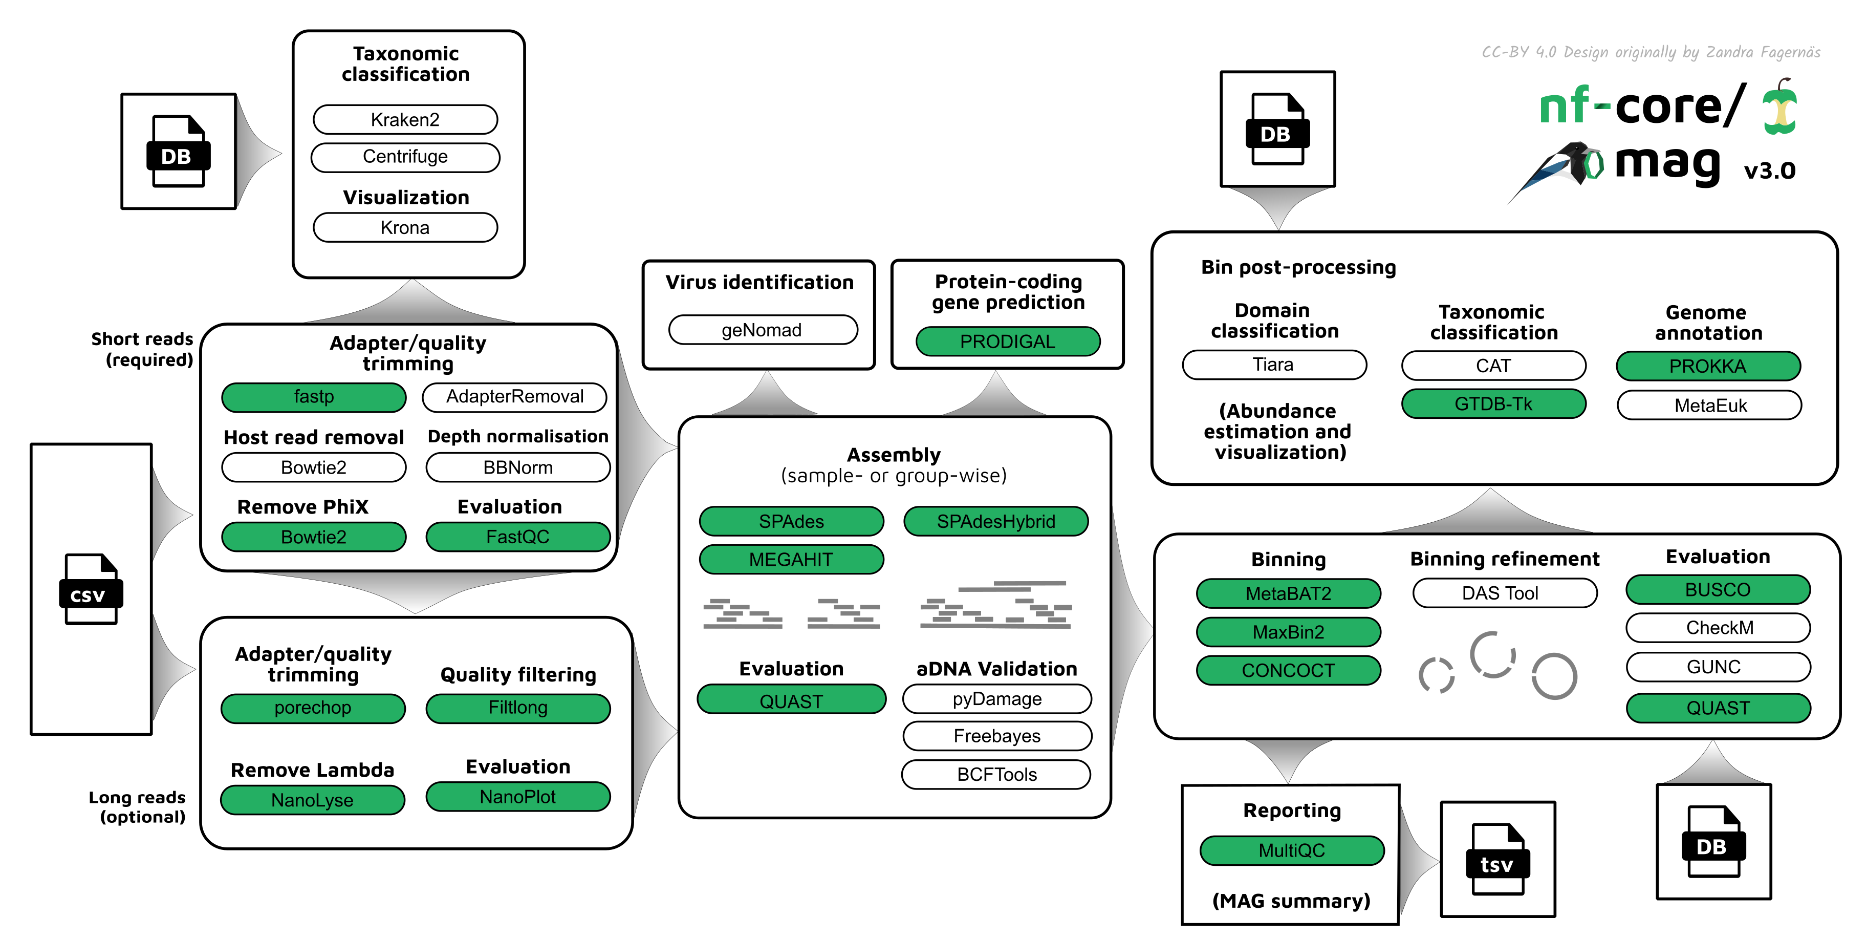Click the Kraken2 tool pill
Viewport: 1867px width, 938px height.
[x=405, y=120]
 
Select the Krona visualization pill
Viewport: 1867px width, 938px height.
[x=405, y=228]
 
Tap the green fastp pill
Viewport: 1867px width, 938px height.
[x=313, y=396]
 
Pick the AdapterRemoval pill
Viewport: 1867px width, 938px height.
[x=514, y=396]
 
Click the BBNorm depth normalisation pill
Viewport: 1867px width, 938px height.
[x=517, y=467]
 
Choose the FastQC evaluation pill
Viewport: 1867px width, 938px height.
[x=517, y=537]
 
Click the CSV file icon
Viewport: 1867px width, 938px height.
[x=90, y=589]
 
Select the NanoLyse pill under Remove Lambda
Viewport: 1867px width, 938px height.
[x=312, y=800]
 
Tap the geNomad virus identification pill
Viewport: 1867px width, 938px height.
[x=762, y=330]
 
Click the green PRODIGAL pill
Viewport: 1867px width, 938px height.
[x=1007, y=342]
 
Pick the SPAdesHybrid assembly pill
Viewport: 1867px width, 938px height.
[x=996, y=521]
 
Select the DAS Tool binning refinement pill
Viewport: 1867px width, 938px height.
[x=1500, y=593]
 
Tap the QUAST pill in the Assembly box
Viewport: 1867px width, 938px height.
[x=791, y=701]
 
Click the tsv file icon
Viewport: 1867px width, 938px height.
[x=1497, y=860]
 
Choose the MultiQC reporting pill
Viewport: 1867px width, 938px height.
[x=1292, y=850]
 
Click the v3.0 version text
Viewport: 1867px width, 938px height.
[x=1769, y=171]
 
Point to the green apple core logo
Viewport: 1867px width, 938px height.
[x=1779, y=109]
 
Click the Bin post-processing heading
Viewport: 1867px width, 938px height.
[x=1298, y=267]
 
